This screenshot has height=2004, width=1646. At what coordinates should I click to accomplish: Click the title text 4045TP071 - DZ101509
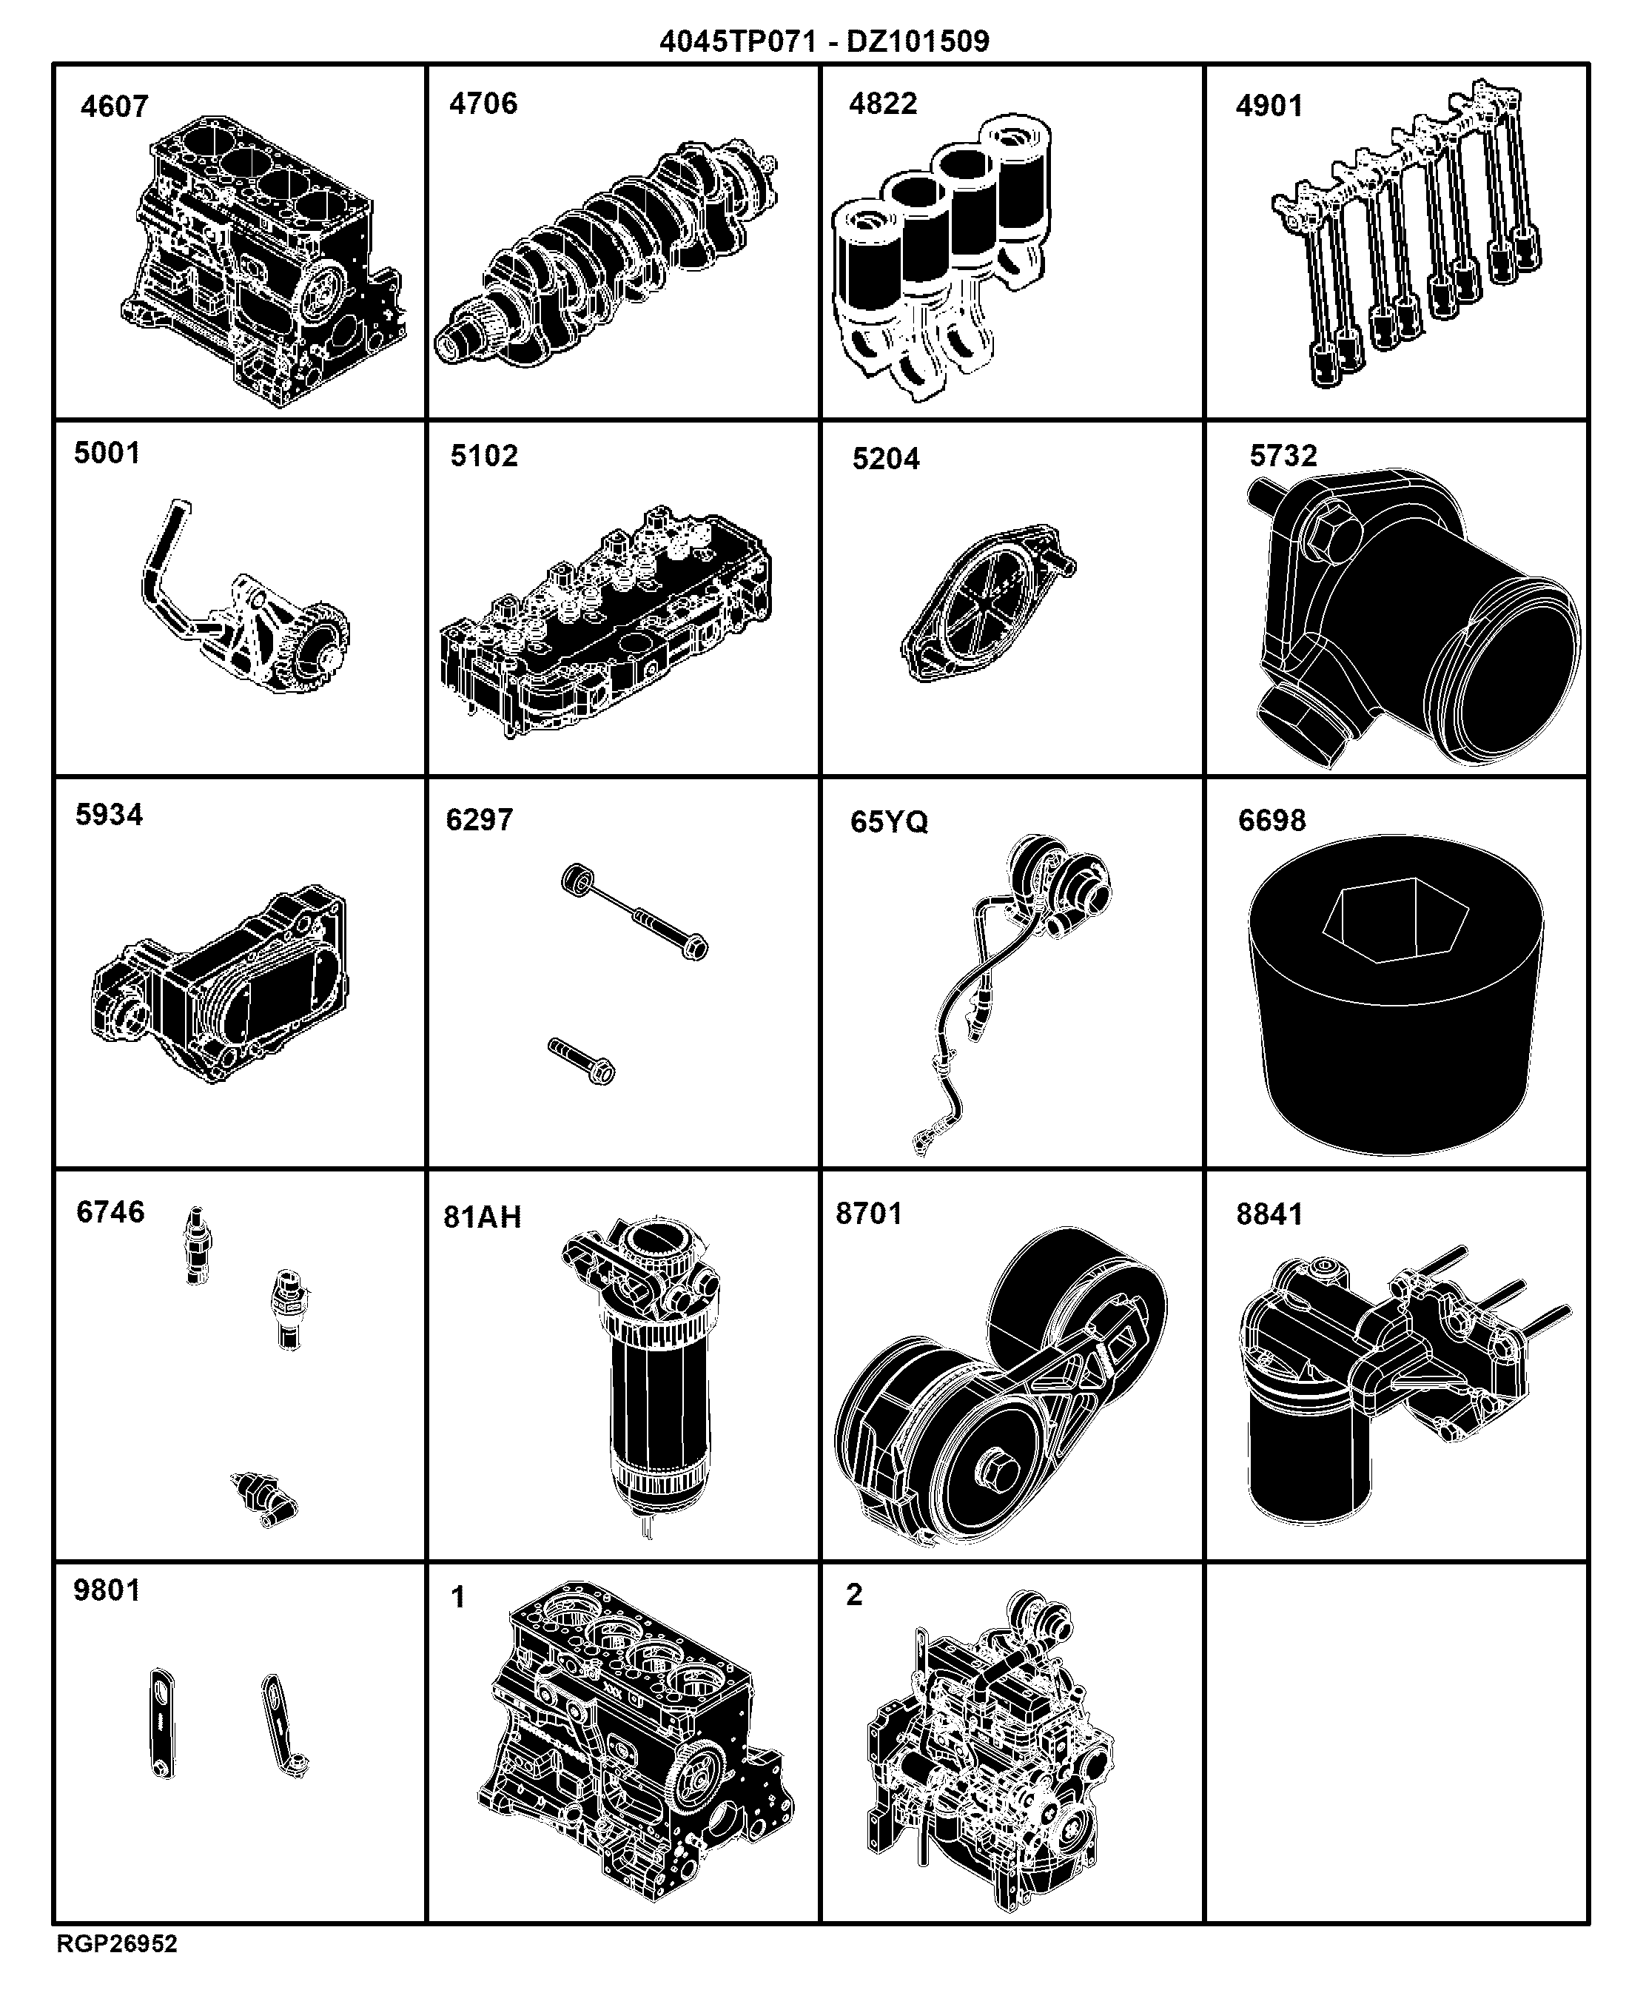pyautogui.click(x=824, y=41)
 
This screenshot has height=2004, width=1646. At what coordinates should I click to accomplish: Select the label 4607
pyautogui.click(x=115, y=106)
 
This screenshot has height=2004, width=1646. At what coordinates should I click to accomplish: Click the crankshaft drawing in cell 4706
pyautogui.click(x=607, y=254)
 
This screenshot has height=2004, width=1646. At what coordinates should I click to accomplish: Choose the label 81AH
pyautogui.click(x=483, y=1217)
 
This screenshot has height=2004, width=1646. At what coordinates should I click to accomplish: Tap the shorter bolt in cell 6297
pyautogui.click(x=581, y=1060)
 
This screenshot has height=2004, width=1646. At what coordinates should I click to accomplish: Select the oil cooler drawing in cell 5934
pyautogui.click(x=220, y=986)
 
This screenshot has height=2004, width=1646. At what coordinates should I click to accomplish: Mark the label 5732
pyautogui.click(x=1283, y=456)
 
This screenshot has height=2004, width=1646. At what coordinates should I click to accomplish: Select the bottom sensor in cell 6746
pyautogui.click(x=263, y=1499)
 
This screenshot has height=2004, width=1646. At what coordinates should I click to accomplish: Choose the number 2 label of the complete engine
pyautogui.click(x=854, y=1595)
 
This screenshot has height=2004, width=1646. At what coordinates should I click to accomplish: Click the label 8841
pyautogui.click(x=1269, y=1214)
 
